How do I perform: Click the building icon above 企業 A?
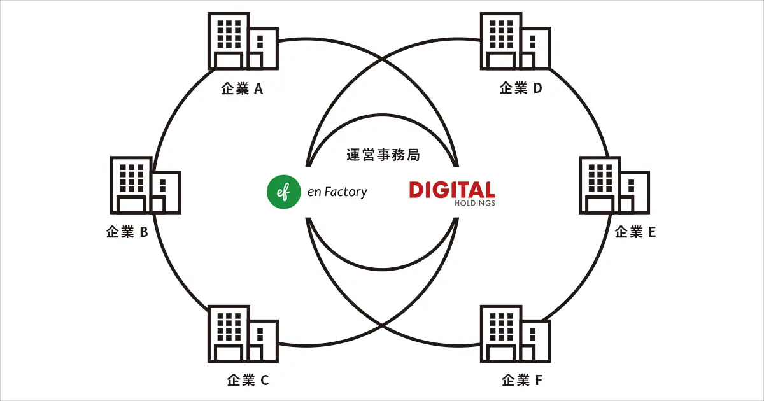click(243, 41)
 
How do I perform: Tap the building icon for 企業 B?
click(146, 185)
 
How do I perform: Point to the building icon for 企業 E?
click(614, 185)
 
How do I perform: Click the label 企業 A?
click(242, 89)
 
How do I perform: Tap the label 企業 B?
click(127, 232)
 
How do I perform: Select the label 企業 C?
click(248, 381)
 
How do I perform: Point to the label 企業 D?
click(521, 88)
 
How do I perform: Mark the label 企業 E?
click(635, 232)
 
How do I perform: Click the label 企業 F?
click(522, 381)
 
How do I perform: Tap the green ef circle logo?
click(284, 191)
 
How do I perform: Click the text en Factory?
click(337, 191)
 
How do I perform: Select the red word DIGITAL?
click(451, 190)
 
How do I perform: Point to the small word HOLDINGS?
click(474, 204)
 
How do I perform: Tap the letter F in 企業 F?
click(539, 381)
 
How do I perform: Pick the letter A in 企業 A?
click(258, 89)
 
